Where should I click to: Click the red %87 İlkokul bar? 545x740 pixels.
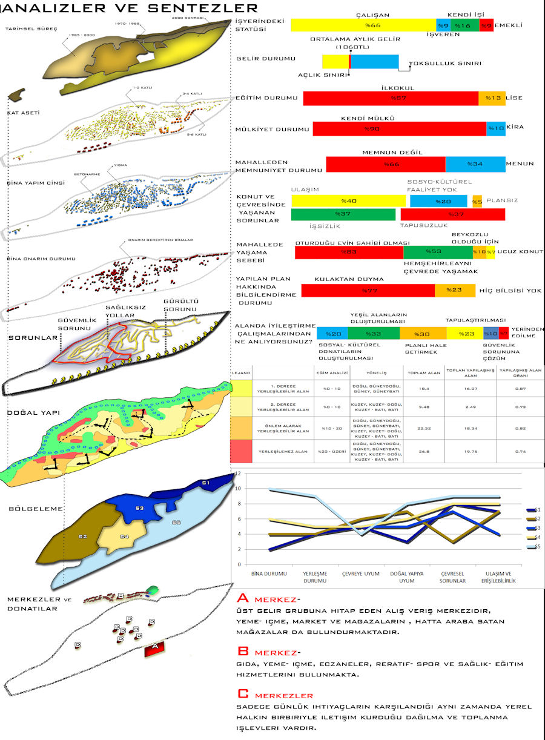(x=391, y=98)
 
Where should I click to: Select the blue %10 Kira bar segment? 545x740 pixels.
(x=496, y=128)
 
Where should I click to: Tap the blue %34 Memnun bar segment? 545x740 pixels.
(x=475, y=164)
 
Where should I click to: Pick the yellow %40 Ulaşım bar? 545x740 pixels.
(x=348, y=201)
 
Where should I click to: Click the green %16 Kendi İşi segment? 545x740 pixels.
(x=463, y=25)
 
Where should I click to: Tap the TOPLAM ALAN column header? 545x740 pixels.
(x=424, y=374)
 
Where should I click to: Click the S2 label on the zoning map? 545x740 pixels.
(x=83, y=537)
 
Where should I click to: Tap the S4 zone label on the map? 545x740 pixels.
(x=124, y=537)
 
